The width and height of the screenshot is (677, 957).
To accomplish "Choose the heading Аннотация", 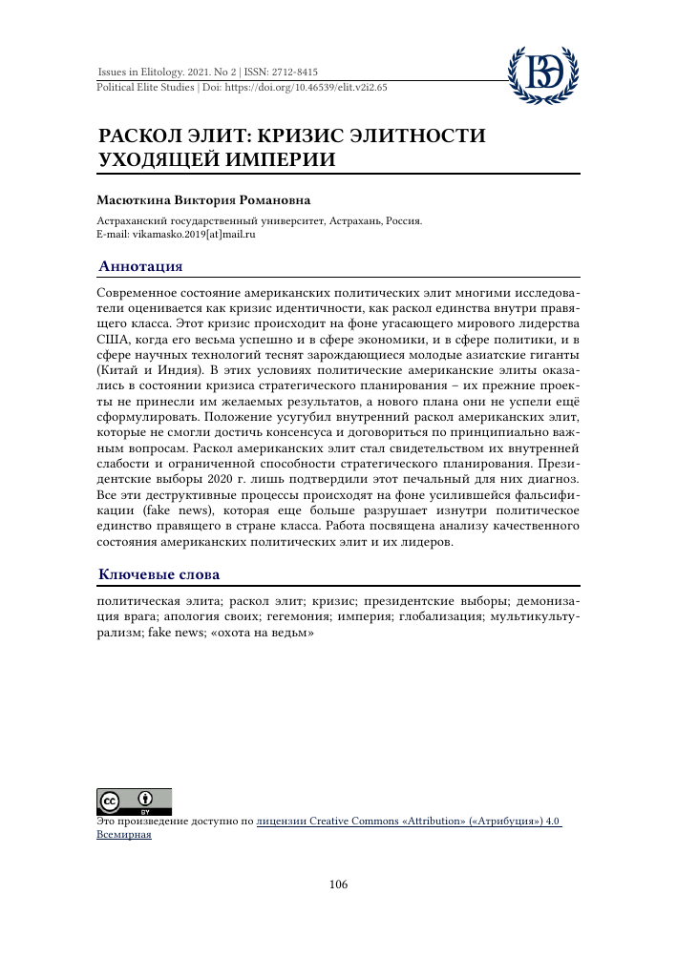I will pyautogui.click(x=141, y=266).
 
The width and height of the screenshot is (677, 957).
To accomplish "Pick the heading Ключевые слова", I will pyautogui.click(x=159, y=574).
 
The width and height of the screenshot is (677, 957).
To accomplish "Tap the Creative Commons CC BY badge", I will pyautogui.click(x=134, y=801).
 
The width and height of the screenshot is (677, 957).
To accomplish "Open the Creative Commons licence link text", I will pyautogui.click(x=409, y=820).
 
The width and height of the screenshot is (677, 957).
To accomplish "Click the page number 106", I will pyautogui.click(x=338, y=884).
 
